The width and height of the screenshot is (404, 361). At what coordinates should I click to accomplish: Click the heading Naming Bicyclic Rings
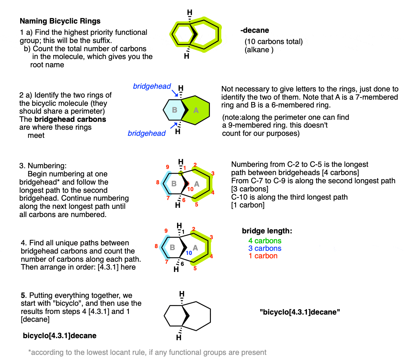coord(60,21)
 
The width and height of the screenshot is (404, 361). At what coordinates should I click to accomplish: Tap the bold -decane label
coord(255,30)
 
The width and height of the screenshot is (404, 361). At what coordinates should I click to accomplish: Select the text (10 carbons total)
coord(273,42)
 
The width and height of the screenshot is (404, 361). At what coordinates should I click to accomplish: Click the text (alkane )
coord(259,50)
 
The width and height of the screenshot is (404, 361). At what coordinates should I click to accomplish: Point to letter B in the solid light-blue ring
coord(175,110)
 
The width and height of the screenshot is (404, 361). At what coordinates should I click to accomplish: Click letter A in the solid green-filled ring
coord(196,110)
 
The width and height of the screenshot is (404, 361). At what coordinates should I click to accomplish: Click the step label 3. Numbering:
coord(43,166)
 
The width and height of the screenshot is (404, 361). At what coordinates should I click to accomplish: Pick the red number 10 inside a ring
coord(190,189)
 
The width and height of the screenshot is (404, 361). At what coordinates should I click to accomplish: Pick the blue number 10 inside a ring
coord(189,253)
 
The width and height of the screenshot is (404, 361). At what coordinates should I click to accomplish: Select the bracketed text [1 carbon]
coord(248,205)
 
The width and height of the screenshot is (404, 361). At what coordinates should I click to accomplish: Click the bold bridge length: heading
coord(267,231)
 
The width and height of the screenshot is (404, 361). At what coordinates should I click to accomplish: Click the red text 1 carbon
coord(263,256)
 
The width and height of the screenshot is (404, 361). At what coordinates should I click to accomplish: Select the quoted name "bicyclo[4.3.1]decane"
coord(300,312)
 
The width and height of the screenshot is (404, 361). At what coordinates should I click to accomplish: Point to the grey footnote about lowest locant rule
coord(149,352)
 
